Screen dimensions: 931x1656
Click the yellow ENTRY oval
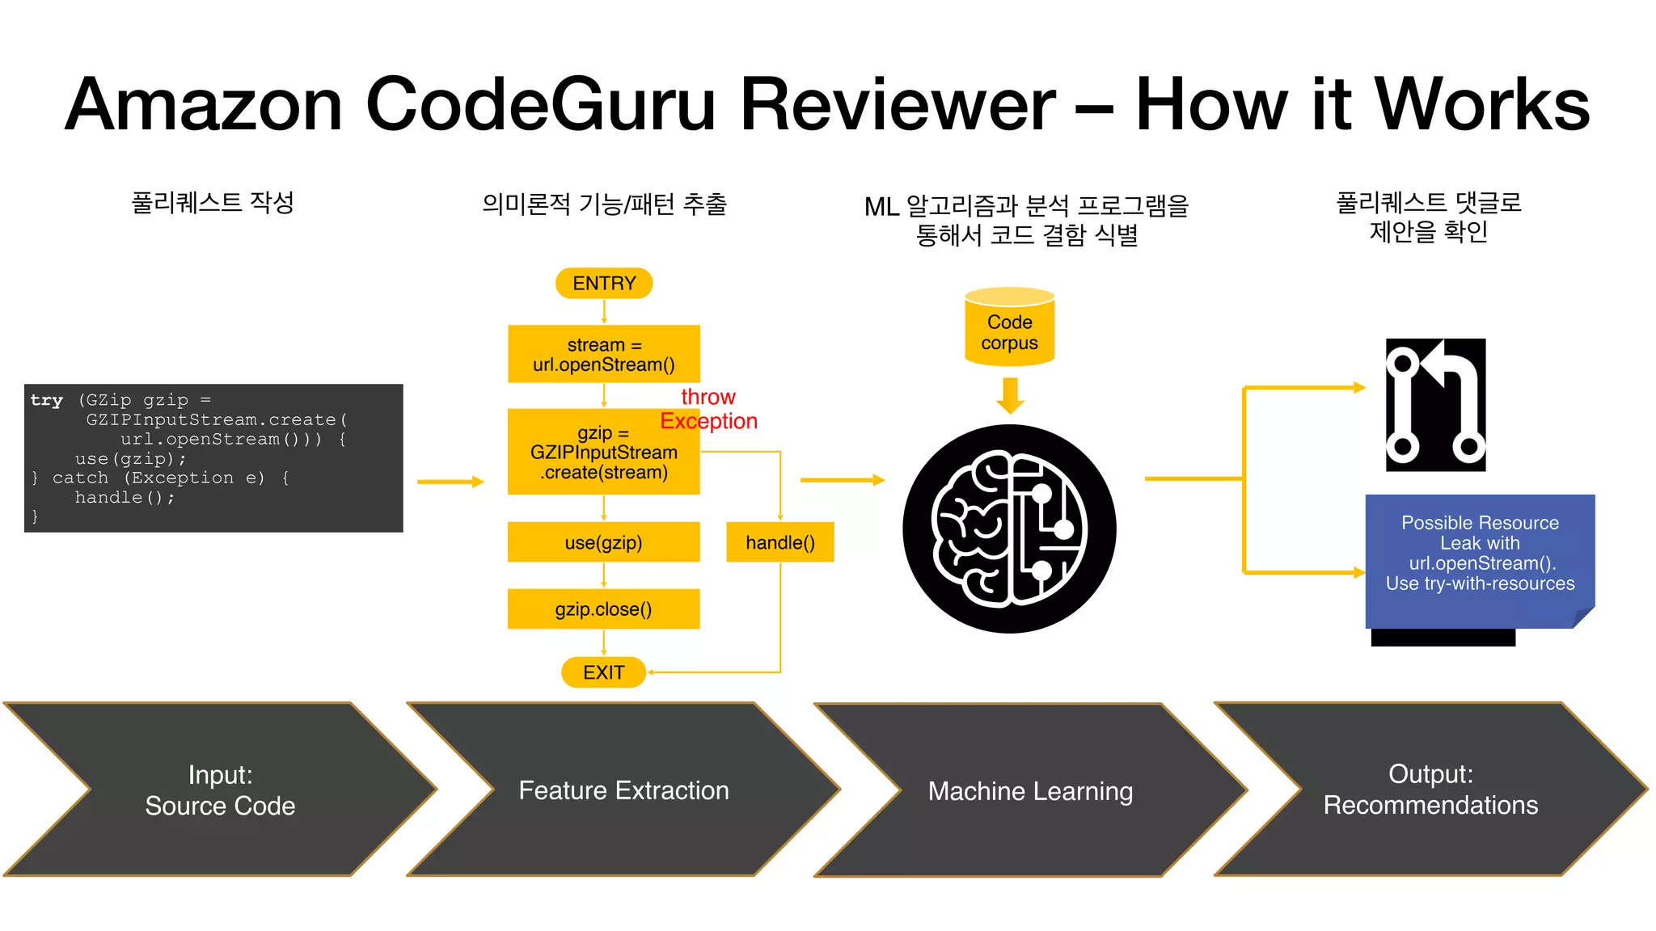[604, 284]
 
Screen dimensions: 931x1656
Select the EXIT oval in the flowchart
[603, 672]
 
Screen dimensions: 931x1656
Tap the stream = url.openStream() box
[603, 355]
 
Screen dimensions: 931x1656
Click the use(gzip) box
[603, 542]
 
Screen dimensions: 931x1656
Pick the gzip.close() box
[603, 609]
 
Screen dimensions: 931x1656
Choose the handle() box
[779, 542]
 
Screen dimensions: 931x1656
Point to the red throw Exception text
[708, 409]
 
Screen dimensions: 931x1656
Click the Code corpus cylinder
[1009, 328]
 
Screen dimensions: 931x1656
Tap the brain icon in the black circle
[1009, 529]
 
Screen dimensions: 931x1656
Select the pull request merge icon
[1435, 405]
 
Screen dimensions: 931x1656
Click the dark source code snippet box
[213, 458]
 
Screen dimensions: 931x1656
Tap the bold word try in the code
[46, 400]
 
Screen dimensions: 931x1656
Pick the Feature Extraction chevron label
[623, 790]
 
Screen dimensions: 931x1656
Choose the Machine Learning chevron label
[1030, 791]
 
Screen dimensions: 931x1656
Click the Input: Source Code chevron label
[220, 790]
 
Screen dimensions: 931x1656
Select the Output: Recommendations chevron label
[1430, 790]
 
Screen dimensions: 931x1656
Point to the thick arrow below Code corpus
[1010, 395]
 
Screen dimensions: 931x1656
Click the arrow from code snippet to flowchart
[450, 482]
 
